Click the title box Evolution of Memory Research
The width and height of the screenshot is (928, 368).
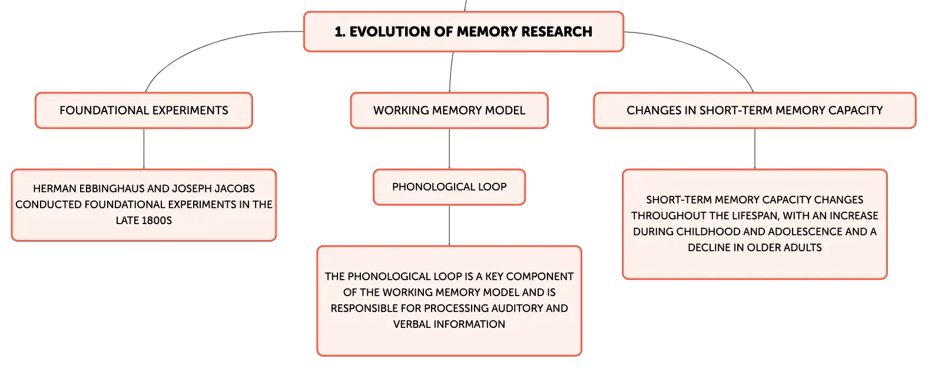tap(463, 31)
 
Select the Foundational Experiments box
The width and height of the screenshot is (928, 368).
tap(144, 110)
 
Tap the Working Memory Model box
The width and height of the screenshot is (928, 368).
tap(449, 110)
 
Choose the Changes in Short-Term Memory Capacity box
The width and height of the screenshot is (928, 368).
tap(754, 110)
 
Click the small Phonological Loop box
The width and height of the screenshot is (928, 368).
tap(449, 187)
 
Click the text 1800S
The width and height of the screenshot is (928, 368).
tap(155, 221)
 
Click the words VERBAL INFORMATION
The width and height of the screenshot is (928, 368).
tap(449, 324)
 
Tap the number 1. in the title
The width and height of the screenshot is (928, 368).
tap(340, 32)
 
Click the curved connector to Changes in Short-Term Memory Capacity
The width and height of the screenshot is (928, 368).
tap(704, 48)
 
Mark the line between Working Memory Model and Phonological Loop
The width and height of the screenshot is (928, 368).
tap(449, 149)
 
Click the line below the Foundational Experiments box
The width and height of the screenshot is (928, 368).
tap(144, 149)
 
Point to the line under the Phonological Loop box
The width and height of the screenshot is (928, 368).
tap(449, 225)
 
